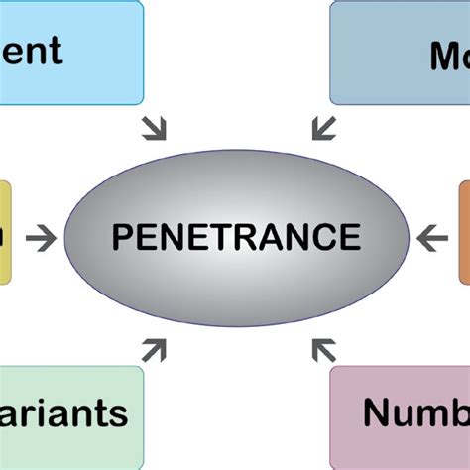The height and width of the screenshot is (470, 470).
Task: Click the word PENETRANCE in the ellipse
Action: click(x=236, y=238)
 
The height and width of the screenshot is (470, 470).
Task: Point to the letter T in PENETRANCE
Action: click(x=222, y=238)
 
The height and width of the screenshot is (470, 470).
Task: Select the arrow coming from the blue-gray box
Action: click(x=322, y=127)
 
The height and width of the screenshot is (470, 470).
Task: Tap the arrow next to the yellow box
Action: click(x=41, y=238)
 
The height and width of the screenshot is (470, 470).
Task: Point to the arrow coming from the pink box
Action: click(x=322, y=349)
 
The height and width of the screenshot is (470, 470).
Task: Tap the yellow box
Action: click(x=6, y=232)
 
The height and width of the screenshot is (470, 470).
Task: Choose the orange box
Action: click(x=464, y=232)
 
